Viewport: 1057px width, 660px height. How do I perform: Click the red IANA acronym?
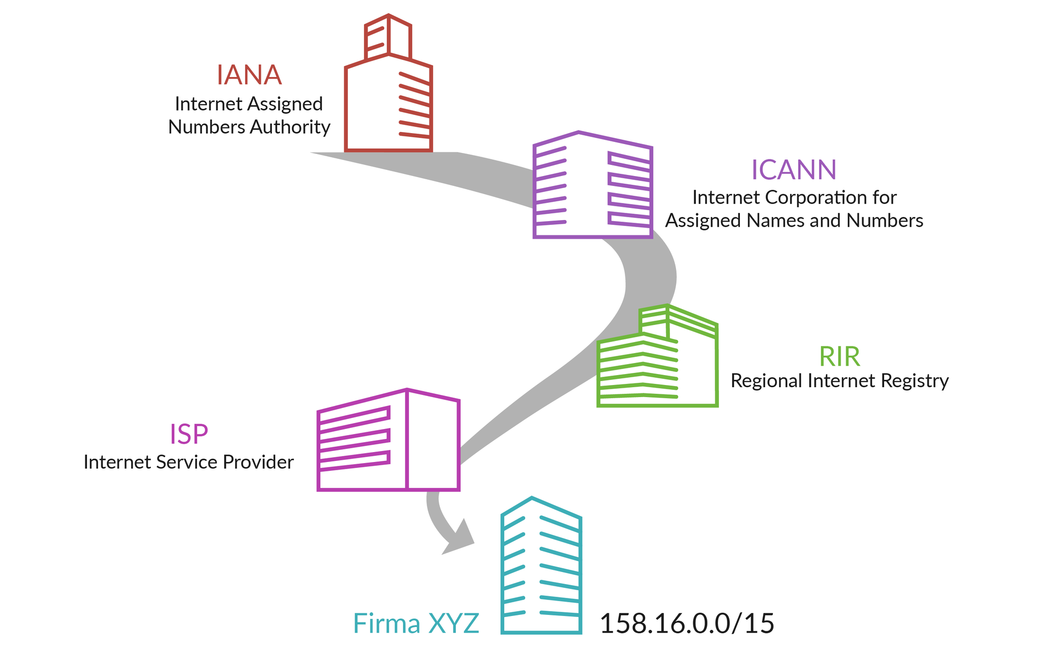pos(249,75)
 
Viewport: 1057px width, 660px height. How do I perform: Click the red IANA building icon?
pos(388,105)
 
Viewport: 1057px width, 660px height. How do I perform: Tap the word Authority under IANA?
pos(290,127)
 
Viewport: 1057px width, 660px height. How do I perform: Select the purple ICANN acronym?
pos(793,170)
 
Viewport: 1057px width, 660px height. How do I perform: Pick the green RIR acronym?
pos(839,357)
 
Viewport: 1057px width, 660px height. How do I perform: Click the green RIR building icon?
pos(658,363)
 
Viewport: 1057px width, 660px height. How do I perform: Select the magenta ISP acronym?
pos(188,435)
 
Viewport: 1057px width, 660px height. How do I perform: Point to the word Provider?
pos(258,462)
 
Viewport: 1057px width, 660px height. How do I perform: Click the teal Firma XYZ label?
pos(416,624)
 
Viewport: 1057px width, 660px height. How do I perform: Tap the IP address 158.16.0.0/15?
pos(686,624)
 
